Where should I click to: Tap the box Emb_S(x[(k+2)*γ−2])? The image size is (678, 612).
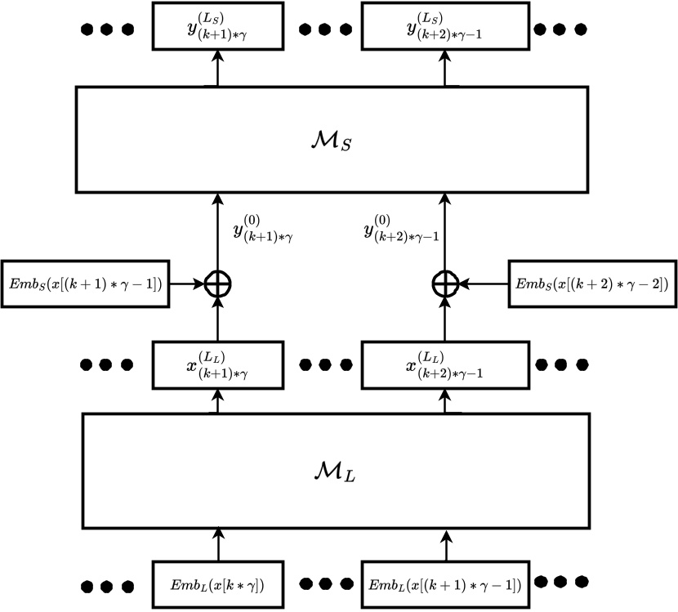point(591,284)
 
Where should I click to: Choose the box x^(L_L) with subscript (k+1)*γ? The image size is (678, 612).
point(217,362)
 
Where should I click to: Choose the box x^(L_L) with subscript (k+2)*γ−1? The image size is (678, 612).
point(445,362)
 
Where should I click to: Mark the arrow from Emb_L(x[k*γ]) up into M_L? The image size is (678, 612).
point(217,543)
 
